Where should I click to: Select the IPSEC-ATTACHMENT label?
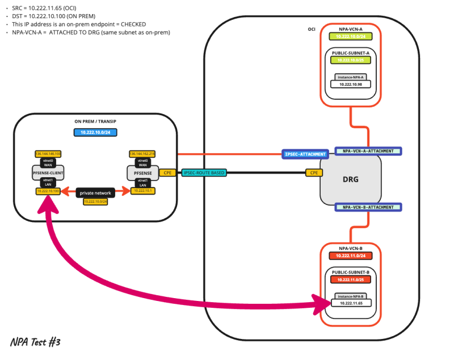tap(305, 154)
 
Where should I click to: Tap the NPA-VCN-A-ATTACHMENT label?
tap(368, 151)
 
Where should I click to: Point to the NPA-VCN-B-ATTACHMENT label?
tap(368, 207)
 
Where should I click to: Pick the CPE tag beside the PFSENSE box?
tap(167, 172)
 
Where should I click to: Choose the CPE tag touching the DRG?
tap(313, 172)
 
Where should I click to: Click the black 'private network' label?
tap(95, 192)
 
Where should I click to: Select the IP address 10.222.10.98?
tap(350, 84)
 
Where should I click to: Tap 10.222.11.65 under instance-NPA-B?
tap(350, 303)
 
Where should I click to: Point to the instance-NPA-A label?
tap(350, 76)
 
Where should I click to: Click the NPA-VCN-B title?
tap(350, 248)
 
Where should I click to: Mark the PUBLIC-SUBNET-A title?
tap(350, 53)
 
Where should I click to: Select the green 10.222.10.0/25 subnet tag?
tap(350, 60)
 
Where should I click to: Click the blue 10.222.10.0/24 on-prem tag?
tap(95, 132)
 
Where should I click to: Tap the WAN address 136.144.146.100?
tap(48, 154)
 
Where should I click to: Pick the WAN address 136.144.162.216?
tap(142, 154)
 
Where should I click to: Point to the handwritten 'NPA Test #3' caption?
tap(35, 342)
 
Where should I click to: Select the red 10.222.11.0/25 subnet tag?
tap(350, 279)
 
